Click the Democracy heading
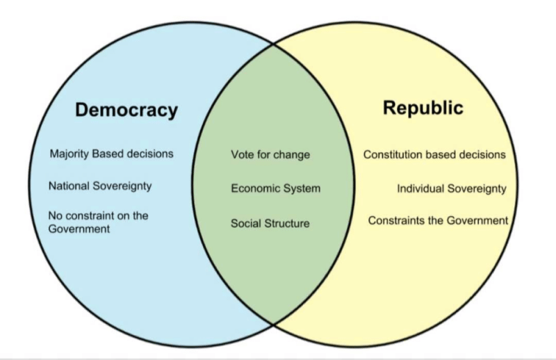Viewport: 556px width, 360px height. tap(126, 110)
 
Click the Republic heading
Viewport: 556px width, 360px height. tap(423, 108)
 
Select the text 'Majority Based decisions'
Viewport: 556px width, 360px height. tap(112, 154)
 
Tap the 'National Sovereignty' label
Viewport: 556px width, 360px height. tap(100, 186)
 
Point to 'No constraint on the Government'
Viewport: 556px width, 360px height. tap(98, 222)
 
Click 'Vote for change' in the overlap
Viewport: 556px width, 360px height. tap(270, 155)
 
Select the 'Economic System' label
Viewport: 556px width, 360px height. tap(275, 188)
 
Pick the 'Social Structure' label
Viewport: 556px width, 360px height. tap(270, 224)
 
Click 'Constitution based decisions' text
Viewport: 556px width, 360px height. tap(434, 155)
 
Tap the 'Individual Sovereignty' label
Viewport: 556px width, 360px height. tap(451, 189)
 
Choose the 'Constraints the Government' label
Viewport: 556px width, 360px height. tap(438, 220)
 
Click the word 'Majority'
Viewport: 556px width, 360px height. tap(69, 154)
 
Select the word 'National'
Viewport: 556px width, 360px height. tap(69, 186)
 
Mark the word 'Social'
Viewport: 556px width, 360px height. tap(246, 223)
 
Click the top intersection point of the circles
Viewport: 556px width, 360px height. tap(273, 44)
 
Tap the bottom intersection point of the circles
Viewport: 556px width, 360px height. tap(273, 324)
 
